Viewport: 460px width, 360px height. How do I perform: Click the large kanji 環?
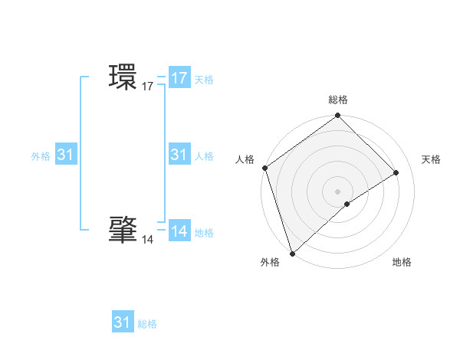pyautogui.click(x=123, y=78)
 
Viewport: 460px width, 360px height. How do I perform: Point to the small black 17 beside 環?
pyautogui.click(x=148, y=87)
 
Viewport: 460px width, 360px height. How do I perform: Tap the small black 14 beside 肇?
pyautogui.click(x=147, y=240)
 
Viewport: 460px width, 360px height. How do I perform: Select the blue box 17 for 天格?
pyautogui.click(x=179, y=78)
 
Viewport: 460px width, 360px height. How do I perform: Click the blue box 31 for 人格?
pyautogui.click(x=179, y=155)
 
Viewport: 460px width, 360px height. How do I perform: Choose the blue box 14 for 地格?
pyautogui.click(x=179, y=231)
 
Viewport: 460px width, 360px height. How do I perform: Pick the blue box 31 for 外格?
pyautogui.click(x=65, y=155)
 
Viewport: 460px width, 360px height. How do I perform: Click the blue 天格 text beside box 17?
pyautogui.click(x=204, y=79)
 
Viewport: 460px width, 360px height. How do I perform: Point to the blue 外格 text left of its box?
pyautogui.click(x=41, y=155)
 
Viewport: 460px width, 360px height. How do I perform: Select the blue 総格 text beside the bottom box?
pyautogui.click(x=147, y=324)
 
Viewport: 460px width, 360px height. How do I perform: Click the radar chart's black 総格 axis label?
pyautogui.click(x=338, y=100)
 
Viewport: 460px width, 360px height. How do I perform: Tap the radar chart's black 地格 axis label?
pyautogui.click(x=402, y=263)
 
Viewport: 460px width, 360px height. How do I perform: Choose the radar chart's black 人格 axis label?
pyautogui.click(x=245, y=159)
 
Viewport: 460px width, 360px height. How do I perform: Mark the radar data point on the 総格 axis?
pyautogui.click(x=337, y=116)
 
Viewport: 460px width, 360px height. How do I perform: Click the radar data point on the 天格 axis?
pyautogui.click(x=396, y=172)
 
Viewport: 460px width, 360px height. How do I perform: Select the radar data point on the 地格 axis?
pyautogui.click(x=347, y=204)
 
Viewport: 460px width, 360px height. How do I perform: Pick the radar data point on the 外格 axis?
pyautogui.click(x=292, y=253)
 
